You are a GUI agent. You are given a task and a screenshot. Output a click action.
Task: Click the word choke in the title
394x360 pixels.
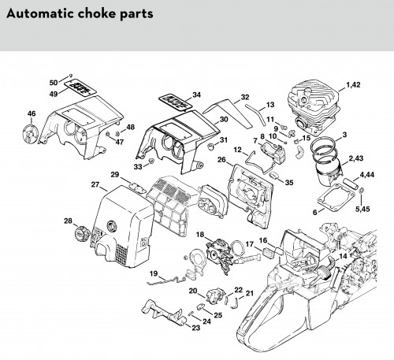96,13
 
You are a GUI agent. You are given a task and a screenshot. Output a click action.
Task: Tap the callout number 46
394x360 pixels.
32,113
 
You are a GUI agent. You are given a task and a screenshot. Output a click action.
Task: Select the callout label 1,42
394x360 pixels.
353,85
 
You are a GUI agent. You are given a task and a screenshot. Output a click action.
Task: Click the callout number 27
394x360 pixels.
95,184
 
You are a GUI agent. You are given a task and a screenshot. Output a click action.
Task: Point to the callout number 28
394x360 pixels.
68,221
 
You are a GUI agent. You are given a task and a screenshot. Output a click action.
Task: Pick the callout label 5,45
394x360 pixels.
362,209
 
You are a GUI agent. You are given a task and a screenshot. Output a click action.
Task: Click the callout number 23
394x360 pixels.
196,328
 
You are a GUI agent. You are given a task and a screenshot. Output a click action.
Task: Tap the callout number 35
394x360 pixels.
289,183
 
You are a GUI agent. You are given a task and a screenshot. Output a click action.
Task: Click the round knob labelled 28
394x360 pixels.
82,233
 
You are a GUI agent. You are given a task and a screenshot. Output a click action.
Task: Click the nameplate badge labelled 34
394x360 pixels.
175,102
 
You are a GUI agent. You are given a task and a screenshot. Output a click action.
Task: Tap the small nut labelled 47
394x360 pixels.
108,135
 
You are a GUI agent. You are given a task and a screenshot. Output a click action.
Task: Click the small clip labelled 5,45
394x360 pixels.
362,190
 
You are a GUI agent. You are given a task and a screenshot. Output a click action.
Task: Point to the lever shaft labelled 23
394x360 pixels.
164,313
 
